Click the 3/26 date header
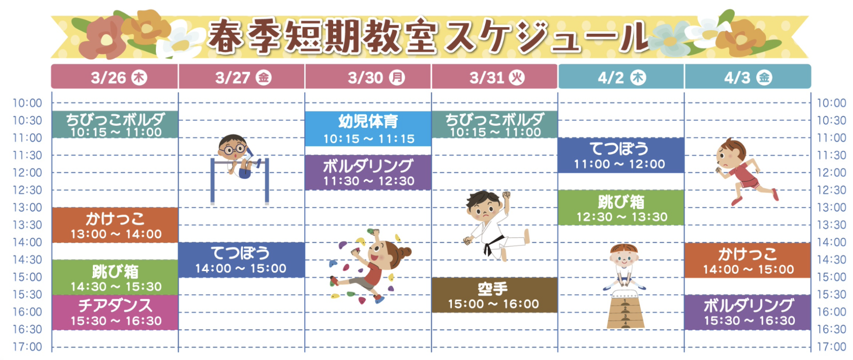tap(115, 77)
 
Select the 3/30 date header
tap(368, 77)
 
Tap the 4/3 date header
tap(748, 77)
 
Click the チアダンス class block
tap(115, 312)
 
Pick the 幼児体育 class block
tap(368, 129)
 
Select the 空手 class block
tap(494, 295)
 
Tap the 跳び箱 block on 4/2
tap(621, 208)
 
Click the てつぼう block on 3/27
tap(241, 260)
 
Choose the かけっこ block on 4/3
tap(748, 260)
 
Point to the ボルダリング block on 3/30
tap(368, 172)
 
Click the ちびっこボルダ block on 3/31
tap(494, 124)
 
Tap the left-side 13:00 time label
tap(27, 208)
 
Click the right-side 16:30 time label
tap(832, 329)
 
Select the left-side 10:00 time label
tap(27, 103)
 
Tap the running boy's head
tap(731, 151)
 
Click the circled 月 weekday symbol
tap(397, 77)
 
